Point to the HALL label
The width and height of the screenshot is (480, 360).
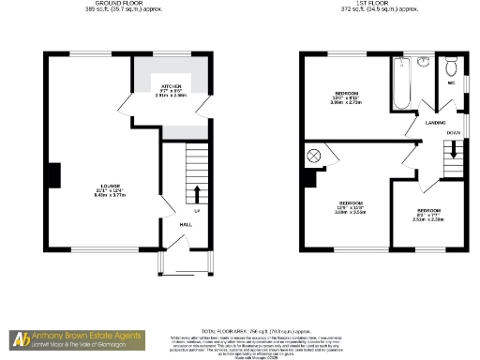pos(186,224)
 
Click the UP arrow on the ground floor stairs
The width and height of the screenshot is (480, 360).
pos(198,194)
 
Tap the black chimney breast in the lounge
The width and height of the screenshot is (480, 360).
pos(55,174)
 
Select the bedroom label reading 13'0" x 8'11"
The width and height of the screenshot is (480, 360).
pos(348,97)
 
